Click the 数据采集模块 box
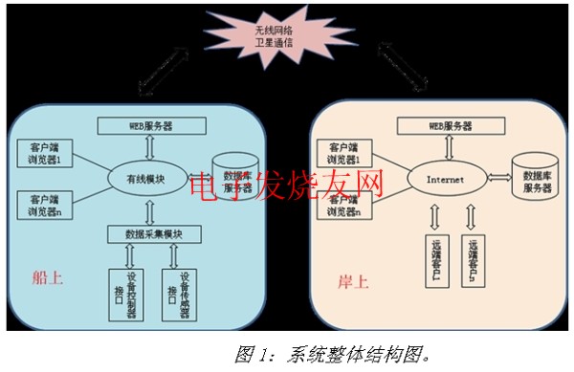(x=153, y=234)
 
